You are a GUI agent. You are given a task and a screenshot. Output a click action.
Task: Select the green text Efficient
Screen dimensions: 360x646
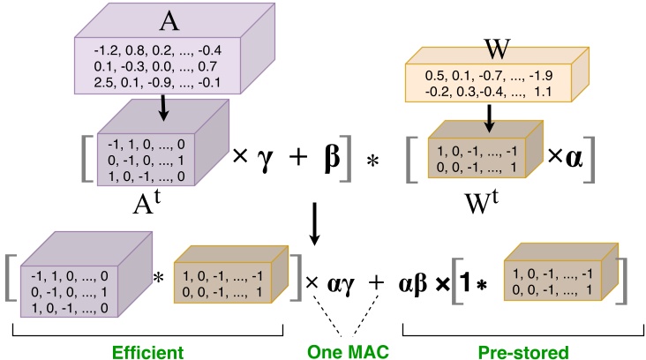pos(146,350)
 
